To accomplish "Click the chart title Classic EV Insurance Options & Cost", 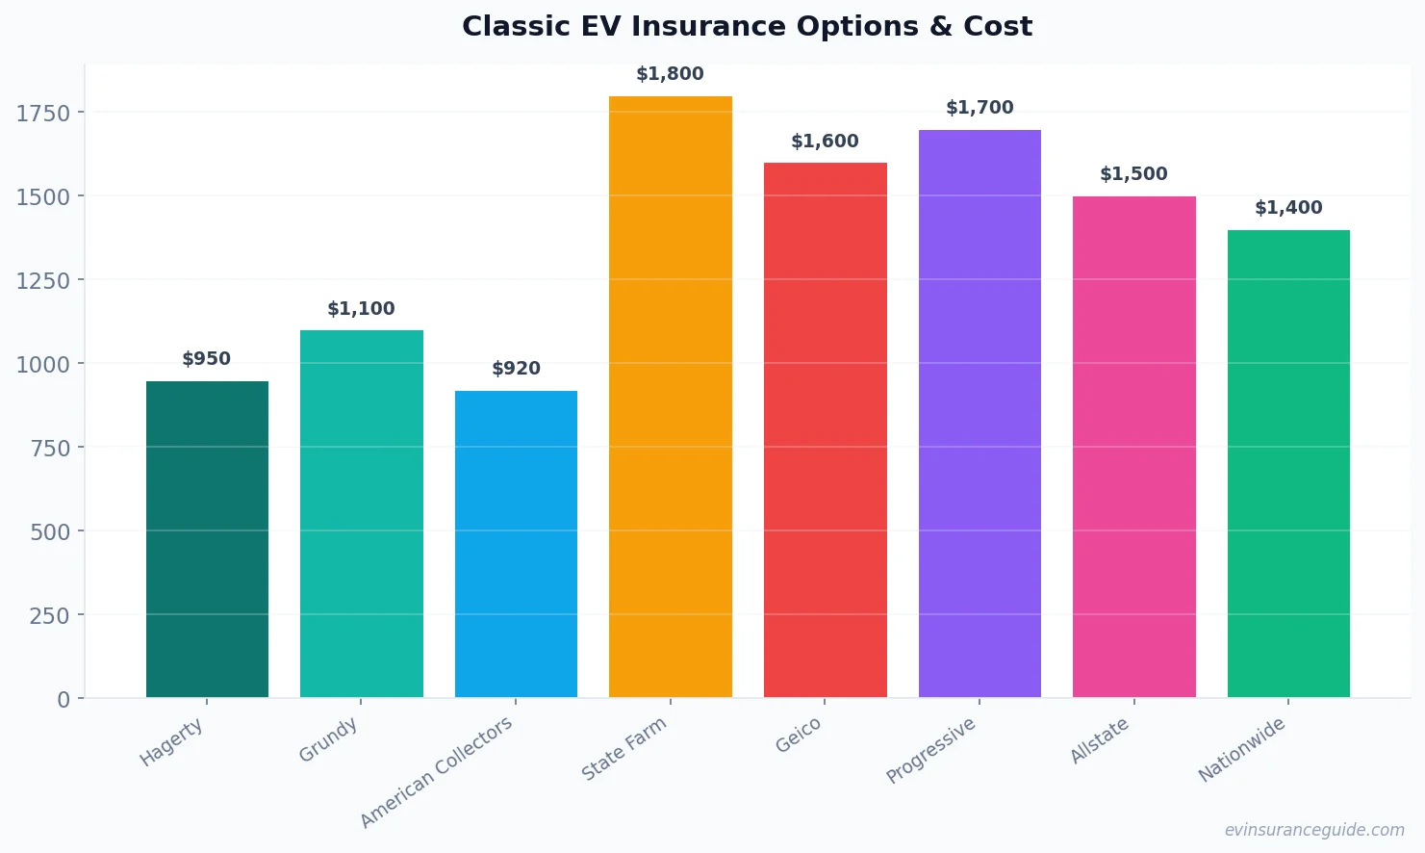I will [x=747, y=26].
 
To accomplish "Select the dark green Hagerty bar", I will [x=207, y=539].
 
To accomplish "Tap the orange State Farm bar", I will [x=670, y=397].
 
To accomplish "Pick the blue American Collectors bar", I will [x=516, y=544].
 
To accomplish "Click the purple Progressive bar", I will [x=980, y=414].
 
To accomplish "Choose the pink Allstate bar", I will [x=1133, y=447].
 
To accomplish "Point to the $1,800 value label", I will [x=670, y=74].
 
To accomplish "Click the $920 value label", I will [x=516, y=369].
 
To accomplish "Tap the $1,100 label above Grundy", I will [x=361, y=309].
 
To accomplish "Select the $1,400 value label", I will [x=1288, y=208].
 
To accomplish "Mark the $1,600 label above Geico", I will [x=825, y=142].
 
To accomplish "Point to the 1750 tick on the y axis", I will [x=43, y=114].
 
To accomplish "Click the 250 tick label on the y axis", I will [x=49, y=616].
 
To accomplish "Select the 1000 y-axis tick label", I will [x=43, y=365].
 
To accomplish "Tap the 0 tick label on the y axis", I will [x=64, y=700].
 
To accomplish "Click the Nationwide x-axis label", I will [x=1241, y=750].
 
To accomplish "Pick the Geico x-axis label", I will [x=799, y=736].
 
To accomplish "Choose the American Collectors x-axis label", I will [x=437, y=772].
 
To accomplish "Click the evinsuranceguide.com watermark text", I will [x=1314, y=830].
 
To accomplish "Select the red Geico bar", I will [x=825, y=430].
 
